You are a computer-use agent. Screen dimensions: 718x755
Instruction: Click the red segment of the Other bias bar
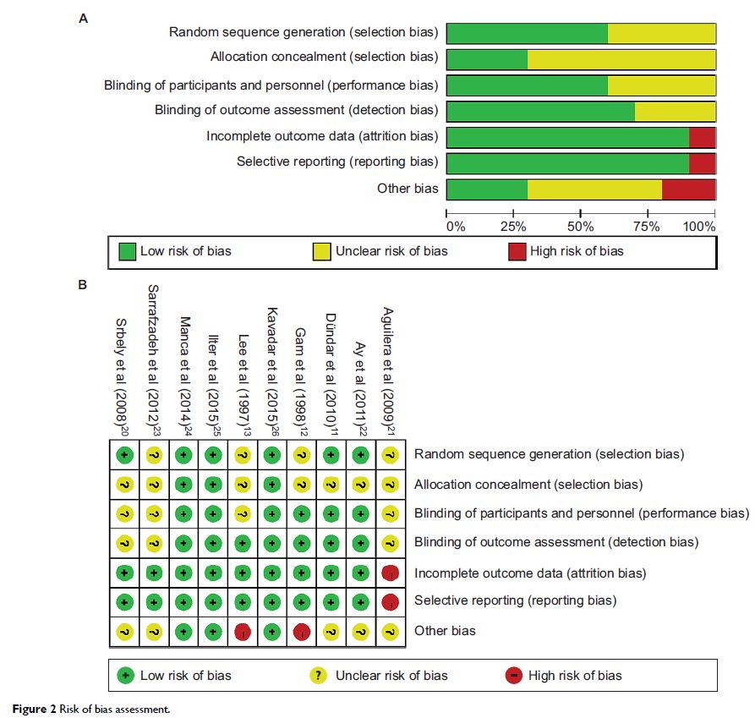(x=688, y=189)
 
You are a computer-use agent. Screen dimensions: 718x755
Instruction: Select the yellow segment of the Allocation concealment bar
(x=621, y=60)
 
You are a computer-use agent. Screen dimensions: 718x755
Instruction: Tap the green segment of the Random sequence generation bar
(x=527, y=33)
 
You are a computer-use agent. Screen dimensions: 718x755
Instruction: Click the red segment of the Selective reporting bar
(x=702, y=163)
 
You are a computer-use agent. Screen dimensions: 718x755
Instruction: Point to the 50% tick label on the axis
(x=581, y=227)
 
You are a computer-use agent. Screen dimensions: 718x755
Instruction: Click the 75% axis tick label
(x=648, y=227)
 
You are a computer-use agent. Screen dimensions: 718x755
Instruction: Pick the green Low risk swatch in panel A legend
(x=128, y=251)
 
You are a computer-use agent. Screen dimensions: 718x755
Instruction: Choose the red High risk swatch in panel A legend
(x=517, y=251)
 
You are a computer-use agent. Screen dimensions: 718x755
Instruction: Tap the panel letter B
(x=82, y=285)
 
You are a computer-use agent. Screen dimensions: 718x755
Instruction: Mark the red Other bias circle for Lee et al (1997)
(x=243, y=631)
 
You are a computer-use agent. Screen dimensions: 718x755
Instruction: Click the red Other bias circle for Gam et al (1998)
(x=302, y=631)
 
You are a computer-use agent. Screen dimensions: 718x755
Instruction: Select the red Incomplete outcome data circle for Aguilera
(x=390, y=573)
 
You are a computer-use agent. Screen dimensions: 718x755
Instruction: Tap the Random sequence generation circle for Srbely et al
(x=124, y=454)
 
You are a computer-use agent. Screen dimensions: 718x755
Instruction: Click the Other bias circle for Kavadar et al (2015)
(x=271, y=631)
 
